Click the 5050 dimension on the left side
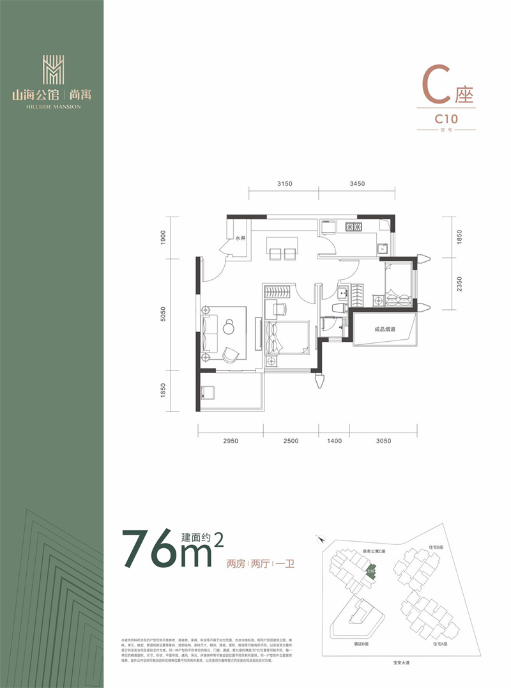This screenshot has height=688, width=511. click(164, 314)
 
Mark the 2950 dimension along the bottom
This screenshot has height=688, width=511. click(231, 441)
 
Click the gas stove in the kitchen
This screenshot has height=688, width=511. click(352, 226)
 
